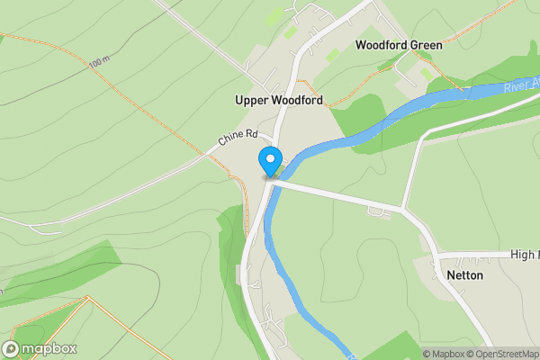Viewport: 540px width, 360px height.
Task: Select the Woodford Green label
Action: pos(399,44)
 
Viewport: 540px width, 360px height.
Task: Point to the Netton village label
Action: pos(463,275)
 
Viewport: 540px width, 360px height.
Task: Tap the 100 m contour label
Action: pos(99,64)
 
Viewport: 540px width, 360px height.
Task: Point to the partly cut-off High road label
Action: pos(523,255)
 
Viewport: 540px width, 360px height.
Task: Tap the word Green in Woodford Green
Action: pos(426,44)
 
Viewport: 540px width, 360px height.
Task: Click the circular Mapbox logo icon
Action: pos(11,348)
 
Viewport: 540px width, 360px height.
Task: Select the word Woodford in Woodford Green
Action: pos(382,44)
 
